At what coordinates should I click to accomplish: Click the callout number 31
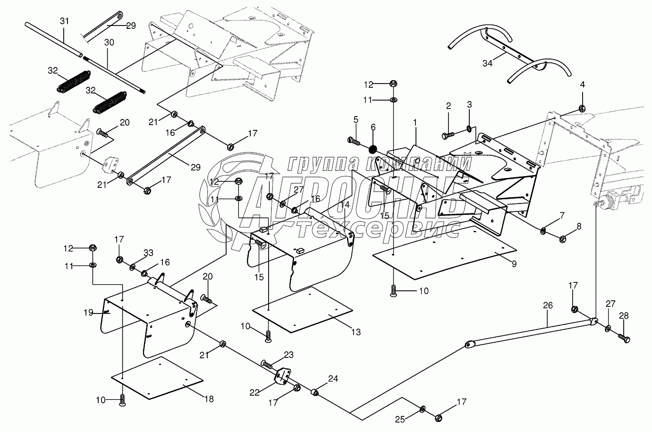click(64, 21)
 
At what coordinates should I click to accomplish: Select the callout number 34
click(488, 63)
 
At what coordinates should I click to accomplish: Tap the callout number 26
click(548, 305)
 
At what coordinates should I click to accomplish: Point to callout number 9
click(514, 264)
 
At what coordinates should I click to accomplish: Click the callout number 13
click(356, 332)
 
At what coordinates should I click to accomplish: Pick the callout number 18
click(209, 399)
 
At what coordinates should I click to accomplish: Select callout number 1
click(415, 123)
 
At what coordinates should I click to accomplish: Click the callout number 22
click(254, 393)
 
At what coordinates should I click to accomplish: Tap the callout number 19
click(88, 313)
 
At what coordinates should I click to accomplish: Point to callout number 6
click(373, 127)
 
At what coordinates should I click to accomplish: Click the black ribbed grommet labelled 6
click(373, 150)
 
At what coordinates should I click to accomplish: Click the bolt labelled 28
click(624, 338)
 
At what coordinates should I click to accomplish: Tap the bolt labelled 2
click(448, 135)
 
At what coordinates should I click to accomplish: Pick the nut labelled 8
click(563, 239)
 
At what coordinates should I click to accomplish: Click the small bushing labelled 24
click(314, 392)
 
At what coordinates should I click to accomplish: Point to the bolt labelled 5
click(354, 141)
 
